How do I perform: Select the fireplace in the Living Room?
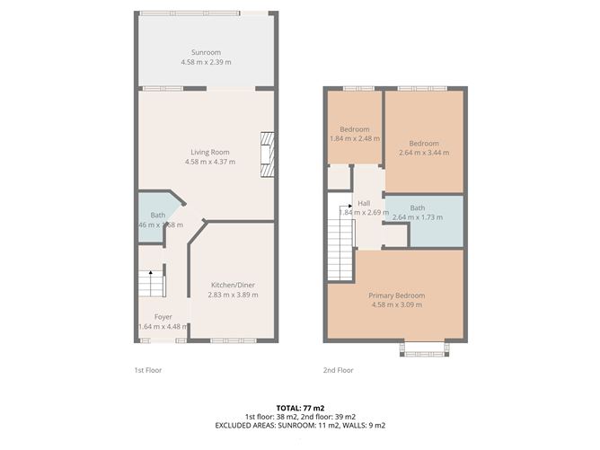(265, 156)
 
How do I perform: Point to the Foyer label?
(163, 317)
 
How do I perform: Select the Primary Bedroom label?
(396, 296)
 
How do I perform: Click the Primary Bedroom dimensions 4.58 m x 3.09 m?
(396, 305)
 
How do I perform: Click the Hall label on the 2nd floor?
(364, 203)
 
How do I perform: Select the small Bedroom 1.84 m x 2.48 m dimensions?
(354, 139)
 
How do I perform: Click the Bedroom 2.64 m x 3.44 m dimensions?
(424, 153)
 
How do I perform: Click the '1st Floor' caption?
(147, 370)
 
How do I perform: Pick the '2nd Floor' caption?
(339, 370)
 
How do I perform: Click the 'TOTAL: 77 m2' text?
(299, 407)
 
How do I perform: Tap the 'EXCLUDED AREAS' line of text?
(299, 425)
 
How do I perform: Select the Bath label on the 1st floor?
(157, 215)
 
